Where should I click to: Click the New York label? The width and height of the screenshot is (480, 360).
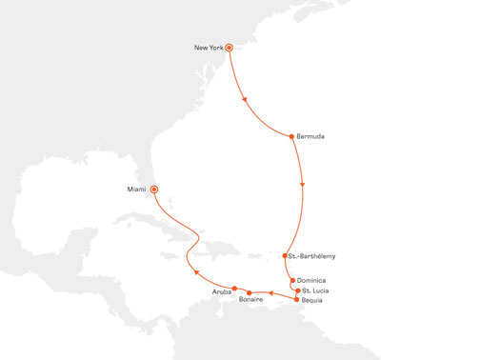[207, 47]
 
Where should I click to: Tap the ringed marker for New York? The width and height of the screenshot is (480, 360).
[230, 46]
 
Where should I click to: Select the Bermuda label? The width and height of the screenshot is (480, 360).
[310, 136]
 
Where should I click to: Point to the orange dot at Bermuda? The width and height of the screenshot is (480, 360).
[290, 136]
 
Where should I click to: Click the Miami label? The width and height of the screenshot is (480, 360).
[137, 189]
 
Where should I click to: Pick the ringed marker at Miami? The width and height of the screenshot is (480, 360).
[154, 189]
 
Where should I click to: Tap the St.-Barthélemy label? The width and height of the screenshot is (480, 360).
[312, 255]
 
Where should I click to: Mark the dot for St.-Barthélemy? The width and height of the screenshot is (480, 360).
[285, 255]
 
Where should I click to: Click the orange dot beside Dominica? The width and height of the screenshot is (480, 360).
[292, 280]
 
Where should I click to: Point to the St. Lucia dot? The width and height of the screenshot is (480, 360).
[298, 290]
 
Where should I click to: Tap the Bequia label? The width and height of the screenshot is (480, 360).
[314, 300]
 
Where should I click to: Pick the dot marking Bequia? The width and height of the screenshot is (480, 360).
[297, 300]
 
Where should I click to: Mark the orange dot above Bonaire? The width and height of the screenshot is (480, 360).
[249, 292]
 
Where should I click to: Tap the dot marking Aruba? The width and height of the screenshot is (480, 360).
[234, 288]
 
